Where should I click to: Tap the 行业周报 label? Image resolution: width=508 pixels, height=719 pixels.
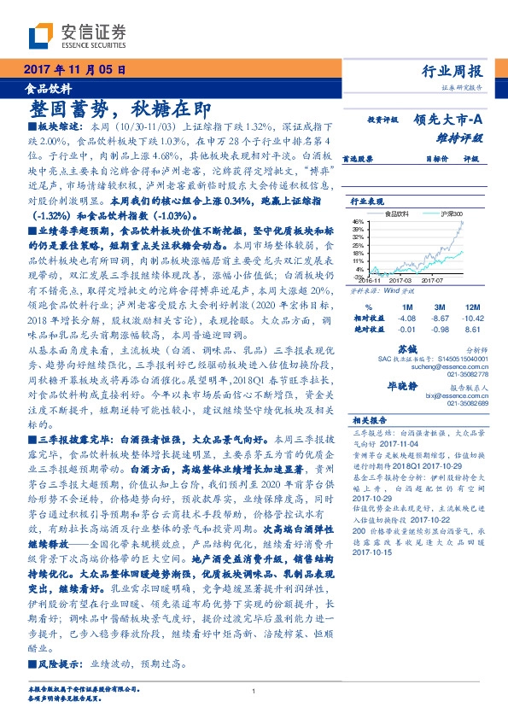453,71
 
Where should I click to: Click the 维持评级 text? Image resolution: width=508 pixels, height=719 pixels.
461,137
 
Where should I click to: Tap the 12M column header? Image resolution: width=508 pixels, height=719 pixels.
470,307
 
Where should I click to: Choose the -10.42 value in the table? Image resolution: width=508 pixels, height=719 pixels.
470,318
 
